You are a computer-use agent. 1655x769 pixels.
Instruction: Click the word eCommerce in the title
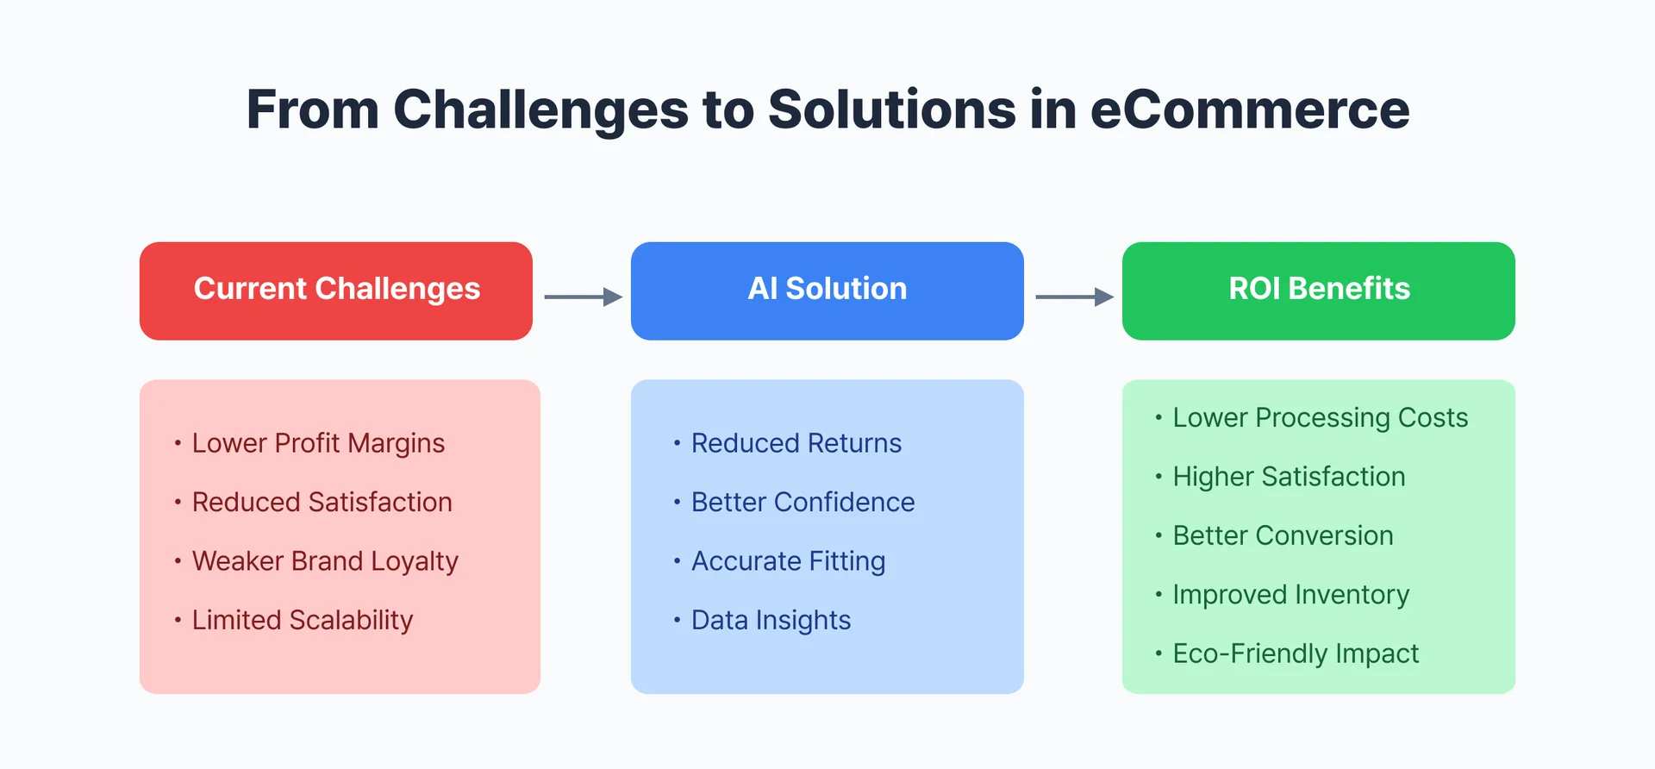pos(1249,109)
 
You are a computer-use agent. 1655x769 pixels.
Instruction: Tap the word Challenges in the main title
pos(540,109)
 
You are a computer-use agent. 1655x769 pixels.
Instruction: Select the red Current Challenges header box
pos(336,291)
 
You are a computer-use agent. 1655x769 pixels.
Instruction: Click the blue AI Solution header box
pos(827,291)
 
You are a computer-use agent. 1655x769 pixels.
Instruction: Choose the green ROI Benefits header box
pos(1319,291)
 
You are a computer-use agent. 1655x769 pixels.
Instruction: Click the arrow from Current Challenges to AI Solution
pos(583,297)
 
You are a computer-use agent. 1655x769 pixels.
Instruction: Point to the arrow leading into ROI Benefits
pos(1074,297)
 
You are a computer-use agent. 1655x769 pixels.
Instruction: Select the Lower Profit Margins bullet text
pos(318,443)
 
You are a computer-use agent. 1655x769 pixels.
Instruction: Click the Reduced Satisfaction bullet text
pos(322,502)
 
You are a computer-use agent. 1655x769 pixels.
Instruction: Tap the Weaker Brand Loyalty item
pos(325,561)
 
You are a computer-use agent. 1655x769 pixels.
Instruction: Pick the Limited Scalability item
pos(303,620)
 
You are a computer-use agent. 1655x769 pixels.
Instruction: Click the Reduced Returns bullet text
pos(796,443)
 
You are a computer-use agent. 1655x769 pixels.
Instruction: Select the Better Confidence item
pos(803,502)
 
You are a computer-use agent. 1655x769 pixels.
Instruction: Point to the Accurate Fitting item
pos(788,561)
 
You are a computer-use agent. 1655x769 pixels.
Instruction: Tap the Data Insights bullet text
pos(771,620)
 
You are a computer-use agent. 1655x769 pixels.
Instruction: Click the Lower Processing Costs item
pos(1320,418)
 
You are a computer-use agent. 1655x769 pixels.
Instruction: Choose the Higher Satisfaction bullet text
pos(1289,477)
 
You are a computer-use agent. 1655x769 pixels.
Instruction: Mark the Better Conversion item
pos(1283,535)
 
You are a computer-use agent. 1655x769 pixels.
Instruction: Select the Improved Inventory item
pos(1290,595)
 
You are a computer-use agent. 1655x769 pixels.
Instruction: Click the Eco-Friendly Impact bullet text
pos(1296,653)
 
